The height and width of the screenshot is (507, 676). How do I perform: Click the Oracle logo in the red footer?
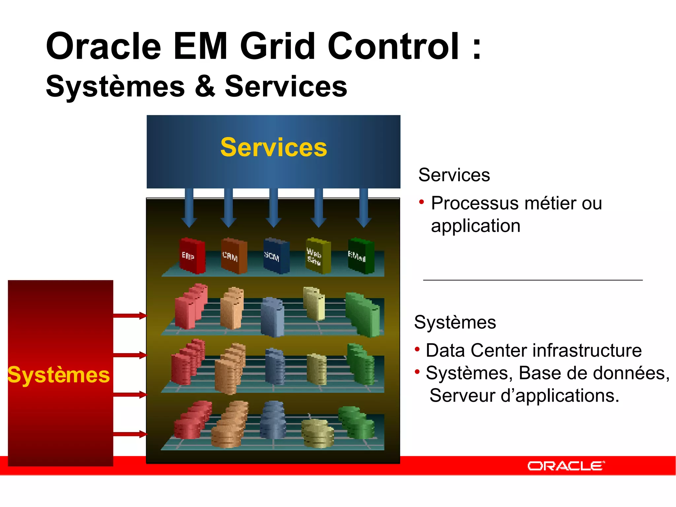click(x=566, y=466)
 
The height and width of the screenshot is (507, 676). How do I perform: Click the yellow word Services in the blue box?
click(x=274, y=147)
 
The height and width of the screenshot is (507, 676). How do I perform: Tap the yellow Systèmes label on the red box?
click(x=59, y=375)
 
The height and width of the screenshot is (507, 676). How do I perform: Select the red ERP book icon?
click(x=192, y=256)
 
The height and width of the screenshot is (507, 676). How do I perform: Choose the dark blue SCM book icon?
click(x=276, y=256)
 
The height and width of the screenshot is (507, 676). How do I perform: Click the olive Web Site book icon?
click(x=318, y=256)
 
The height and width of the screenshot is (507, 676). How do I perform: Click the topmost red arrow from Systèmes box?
click(x=130, y=316)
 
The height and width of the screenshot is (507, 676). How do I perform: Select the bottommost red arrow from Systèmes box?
click(x=130, y=434)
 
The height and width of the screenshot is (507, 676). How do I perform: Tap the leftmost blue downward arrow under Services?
click(x=189, y=208)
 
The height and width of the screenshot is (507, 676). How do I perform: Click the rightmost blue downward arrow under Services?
click(x=364, y=208)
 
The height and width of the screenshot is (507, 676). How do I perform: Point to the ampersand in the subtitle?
click(x=205, y=86)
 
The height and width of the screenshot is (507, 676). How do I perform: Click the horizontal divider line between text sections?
click(x=532, y=280)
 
